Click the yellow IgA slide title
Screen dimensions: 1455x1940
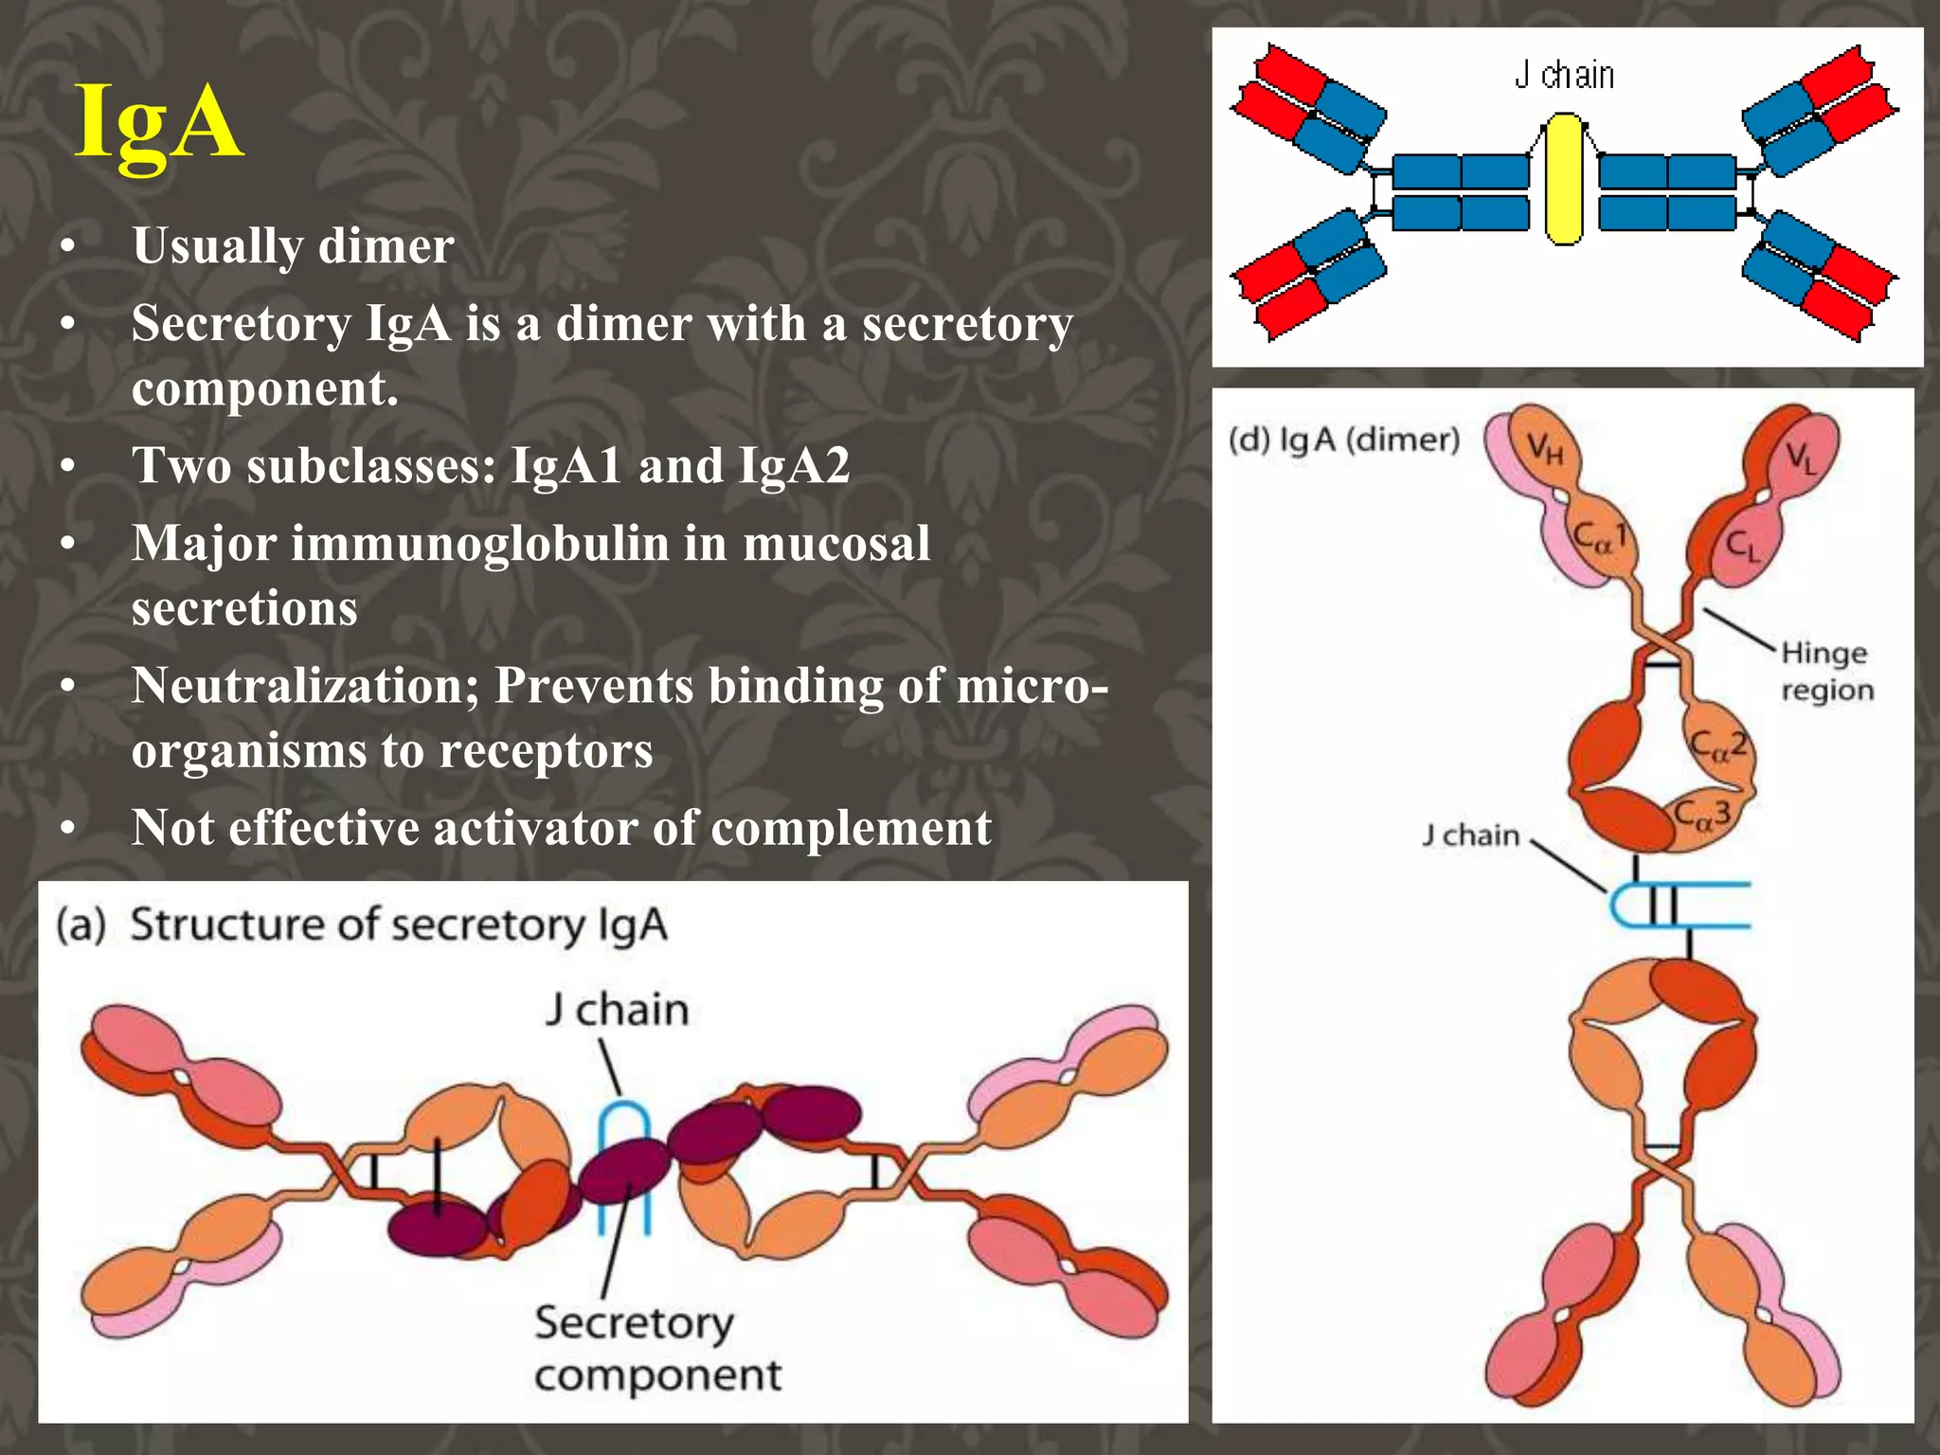tap(159, 123)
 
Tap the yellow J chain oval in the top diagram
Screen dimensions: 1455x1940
tap(1563, 180)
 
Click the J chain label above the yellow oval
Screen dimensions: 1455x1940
tap(1564, 75)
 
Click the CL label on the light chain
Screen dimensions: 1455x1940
tap(1742, 546)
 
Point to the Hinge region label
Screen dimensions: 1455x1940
tap(1826, 671)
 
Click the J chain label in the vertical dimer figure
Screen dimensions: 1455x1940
tap(1470, 835)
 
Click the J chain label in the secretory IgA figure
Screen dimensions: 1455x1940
tap(617, 1010)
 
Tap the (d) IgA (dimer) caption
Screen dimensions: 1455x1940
tap(1343, 440)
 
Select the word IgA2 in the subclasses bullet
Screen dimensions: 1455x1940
tap(794, 466)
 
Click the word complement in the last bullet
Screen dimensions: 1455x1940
tap(851, 828)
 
